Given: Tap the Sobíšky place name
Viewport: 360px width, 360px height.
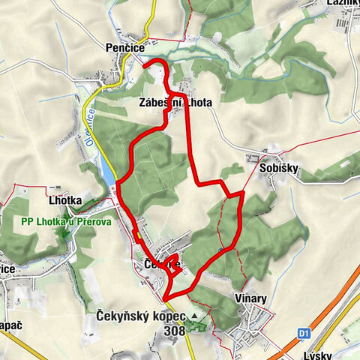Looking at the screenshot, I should (274, 168).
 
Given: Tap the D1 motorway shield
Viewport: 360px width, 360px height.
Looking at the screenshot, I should (304, 332).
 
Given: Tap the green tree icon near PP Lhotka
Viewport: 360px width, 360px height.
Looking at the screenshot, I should (65, 232).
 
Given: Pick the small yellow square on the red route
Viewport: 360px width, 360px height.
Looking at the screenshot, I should (137, 236).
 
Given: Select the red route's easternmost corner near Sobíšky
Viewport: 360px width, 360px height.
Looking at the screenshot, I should (243, 194).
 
